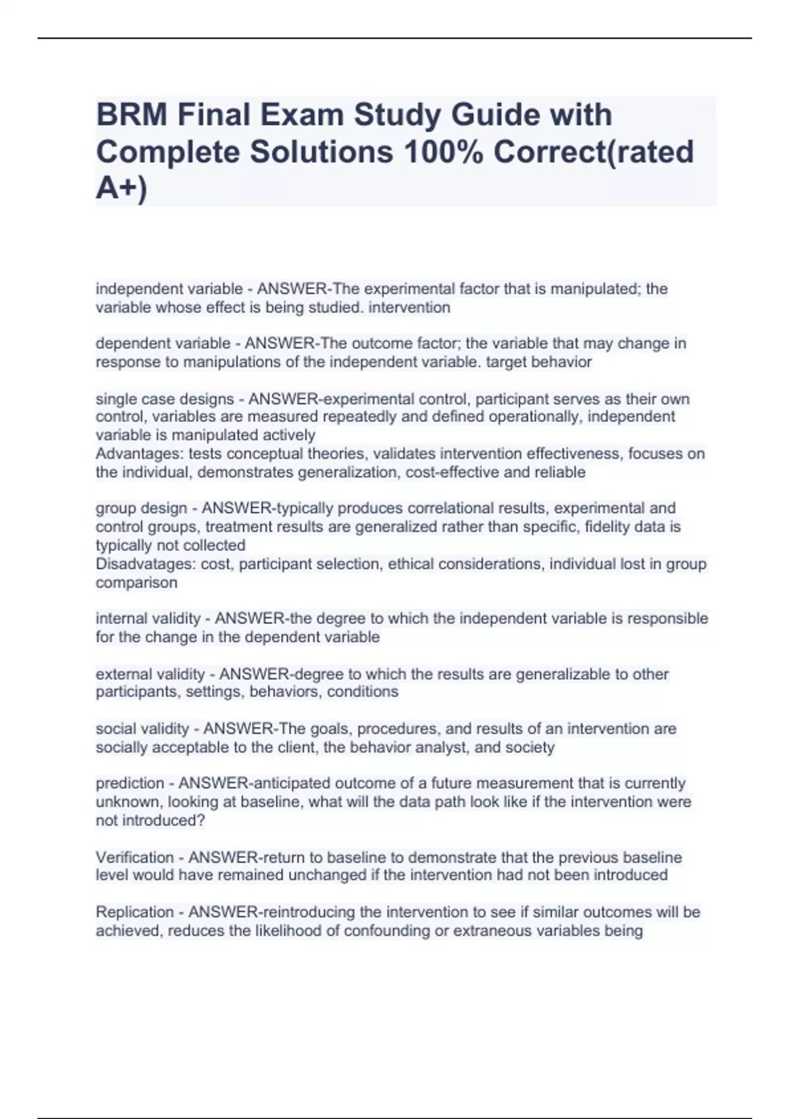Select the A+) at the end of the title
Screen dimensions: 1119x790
[x=122, y=188]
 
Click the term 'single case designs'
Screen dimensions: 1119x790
[x=165, y=399]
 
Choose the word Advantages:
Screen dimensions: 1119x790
[x=140, y=454]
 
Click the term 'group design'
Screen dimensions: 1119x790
[x=142, y=508]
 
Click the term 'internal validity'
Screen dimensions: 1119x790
[x=148, y=619]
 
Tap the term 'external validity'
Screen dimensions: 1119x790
[x=150, y=674]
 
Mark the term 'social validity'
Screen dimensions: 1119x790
[x=142, y=729]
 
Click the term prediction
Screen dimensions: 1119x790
[x=130, y=783]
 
